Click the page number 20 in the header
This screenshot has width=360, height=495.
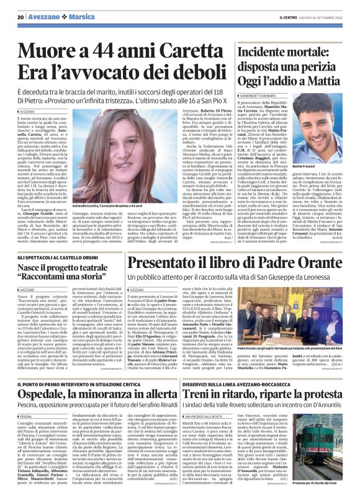[x=20, y=17]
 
